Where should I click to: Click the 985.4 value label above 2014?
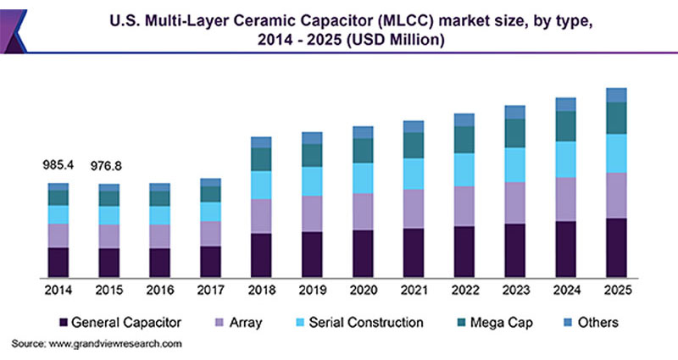58,167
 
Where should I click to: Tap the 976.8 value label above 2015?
108,167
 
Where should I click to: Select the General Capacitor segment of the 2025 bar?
616,247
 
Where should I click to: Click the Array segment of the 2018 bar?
261,216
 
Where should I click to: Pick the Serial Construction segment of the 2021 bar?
414,174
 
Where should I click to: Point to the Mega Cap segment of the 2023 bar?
515,133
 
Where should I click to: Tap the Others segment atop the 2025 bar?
616,95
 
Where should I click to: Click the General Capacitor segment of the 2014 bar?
58,262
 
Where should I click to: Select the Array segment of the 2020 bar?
363,211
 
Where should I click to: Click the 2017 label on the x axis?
210,290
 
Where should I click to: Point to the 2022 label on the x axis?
464,290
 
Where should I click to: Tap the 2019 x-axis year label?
312,290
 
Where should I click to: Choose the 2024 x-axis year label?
566,290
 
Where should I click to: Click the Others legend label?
599,323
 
